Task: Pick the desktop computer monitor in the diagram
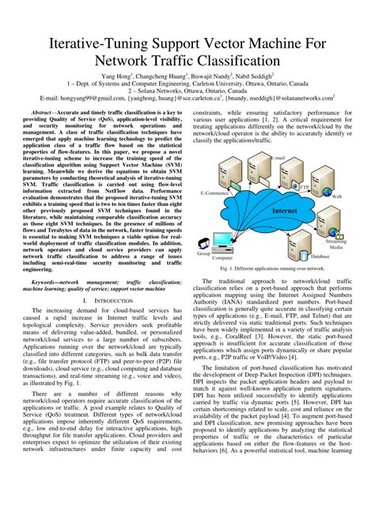tap(222, 240)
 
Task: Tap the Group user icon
tap(204, 243)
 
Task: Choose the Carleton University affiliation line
tap(187, 86)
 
